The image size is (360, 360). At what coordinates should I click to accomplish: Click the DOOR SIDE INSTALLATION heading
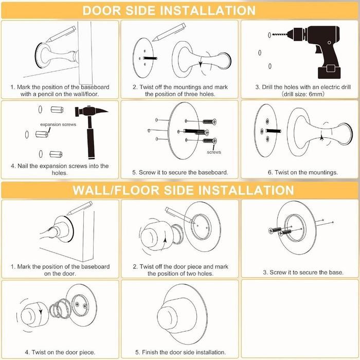click(169, 10)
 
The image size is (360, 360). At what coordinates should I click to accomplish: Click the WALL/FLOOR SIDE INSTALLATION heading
click(183, 190)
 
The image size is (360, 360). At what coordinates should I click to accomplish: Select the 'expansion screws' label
click(55, 125)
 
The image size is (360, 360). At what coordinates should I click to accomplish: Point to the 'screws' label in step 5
click(214, 153)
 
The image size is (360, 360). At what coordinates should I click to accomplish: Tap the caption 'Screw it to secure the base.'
click(300, 272)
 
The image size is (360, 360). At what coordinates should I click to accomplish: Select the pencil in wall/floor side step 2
click(175, 214)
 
